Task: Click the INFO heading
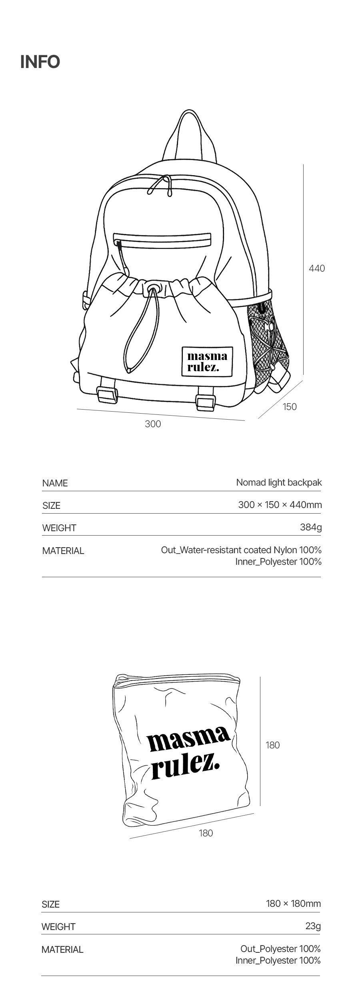(40, 62)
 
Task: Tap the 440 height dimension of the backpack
(317, 268)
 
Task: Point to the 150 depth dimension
(290, 407)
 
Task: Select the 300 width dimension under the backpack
(153, 424)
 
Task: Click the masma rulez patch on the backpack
(207, 362)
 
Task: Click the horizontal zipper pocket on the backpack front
(163, 240)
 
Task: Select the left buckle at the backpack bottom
(106, 396)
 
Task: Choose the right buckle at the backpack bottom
(206, 402)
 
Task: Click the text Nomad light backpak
(279, 482)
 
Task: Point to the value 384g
(311, 527)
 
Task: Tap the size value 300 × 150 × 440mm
(280, 505)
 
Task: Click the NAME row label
(55, 483)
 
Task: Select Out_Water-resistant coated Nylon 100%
(241, 550)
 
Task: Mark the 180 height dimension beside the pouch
(273, 745)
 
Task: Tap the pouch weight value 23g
(313, 926)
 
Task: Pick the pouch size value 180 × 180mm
(293, 904)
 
